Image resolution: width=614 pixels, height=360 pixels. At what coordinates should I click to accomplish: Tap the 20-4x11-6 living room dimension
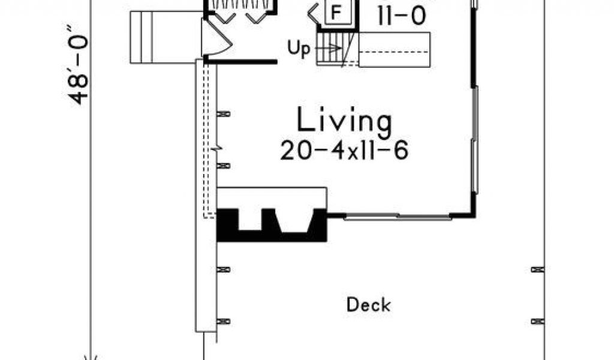344,151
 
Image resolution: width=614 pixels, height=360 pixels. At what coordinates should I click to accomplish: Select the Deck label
369,305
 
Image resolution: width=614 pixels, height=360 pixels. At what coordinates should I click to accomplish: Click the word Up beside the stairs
299,49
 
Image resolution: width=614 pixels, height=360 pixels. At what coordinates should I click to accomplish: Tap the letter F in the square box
336,13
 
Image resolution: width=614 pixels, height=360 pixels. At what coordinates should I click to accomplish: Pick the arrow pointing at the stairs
328,49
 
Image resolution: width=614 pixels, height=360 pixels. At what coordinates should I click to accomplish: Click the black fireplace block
272,225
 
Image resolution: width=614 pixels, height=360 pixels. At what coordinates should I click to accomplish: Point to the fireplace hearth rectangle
272,198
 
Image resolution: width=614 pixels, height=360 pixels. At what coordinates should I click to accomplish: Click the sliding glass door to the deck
398,216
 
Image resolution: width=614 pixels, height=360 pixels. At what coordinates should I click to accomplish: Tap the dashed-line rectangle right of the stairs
395,50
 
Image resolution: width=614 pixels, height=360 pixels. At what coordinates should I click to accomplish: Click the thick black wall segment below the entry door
240,62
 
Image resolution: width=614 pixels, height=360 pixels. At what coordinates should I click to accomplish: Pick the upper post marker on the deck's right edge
538,269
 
